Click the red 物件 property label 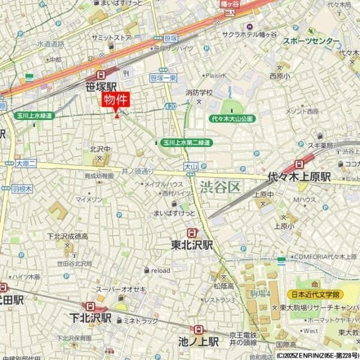(116, 100)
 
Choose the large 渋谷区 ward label (220, 187)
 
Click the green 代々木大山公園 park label (232, 119)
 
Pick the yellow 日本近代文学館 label (315, 294)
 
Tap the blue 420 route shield (170, 106)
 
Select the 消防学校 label (199, 92)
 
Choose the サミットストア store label (111, 37)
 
